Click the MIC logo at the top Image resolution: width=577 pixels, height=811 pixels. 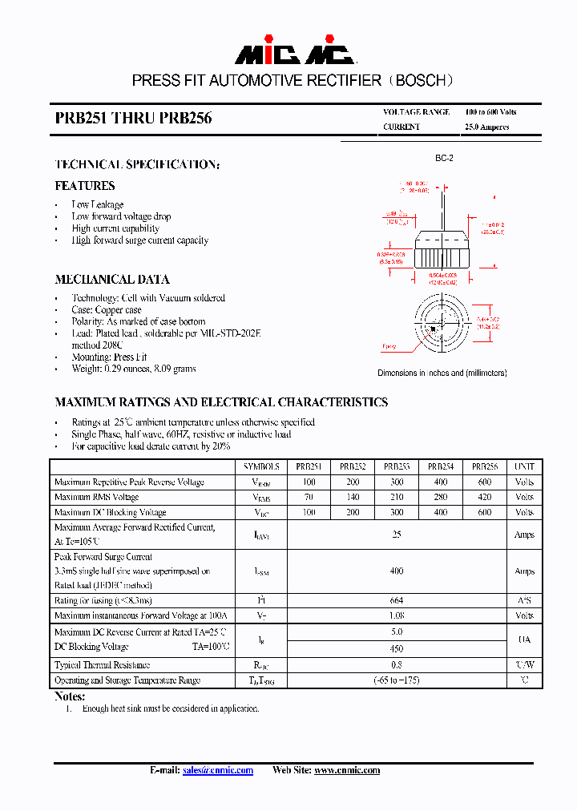[x=293, y=54]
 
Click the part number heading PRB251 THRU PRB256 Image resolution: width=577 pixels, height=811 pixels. [x=133, y=118]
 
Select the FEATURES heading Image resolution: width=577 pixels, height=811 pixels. [x=84, y=186]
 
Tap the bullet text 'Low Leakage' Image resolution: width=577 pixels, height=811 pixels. [x=98, y=204]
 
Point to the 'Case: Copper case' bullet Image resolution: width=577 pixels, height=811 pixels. [x=107, y=309]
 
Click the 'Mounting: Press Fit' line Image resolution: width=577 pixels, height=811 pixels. [x=109, y=357]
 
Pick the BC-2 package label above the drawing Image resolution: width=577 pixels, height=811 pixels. [x=444, y=159]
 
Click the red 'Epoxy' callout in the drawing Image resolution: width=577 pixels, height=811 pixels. [x=389, y=347]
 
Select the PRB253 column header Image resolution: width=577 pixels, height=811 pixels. [x=397, y=466]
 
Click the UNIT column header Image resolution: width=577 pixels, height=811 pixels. [x=524, y=466]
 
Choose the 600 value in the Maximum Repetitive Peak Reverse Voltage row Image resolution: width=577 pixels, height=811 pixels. [x=484, y=482]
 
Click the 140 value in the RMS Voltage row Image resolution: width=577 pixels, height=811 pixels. [x=353, y=497]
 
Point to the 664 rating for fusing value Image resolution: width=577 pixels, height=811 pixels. [x=396, y=600]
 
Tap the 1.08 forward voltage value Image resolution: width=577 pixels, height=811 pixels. [x=396, y=615]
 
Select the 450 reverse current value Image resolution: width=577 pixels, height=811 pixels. [x=396, y=648]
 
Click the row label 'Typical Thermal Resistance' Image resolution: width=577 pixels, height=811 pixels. [x=102, y=665]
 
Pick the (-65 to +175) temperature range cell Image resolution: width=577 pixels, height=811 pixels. [x=396, y=680]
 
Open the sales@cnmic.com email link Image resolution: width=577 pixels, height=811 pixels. [x=217, y=770]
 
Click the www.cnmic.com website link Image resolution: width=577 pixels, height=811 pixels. [x=346, y=770]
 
